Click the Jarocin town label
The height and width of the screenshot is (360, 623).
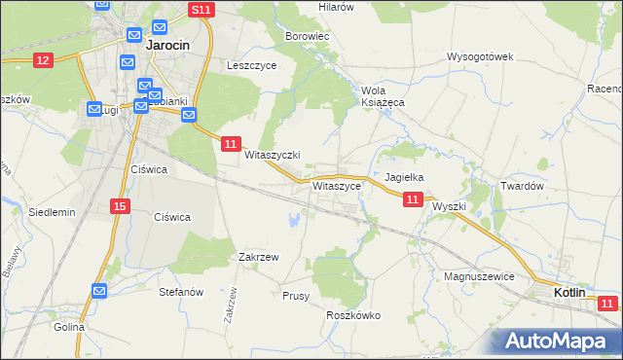pos(166,45)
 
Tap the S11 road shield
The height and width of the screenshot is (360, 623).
pos(201,10)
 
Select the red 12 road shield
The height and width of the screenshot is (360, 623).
pos(42,60)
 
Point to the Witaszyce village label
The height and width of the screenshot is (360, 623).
pos(337,185)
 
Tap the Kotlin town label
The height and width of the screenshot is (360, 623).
pos(569,292)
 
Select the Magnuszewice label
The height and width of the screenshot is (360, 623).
pos(478,276)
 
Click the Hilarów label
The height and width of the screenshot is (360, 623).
pos(336,6)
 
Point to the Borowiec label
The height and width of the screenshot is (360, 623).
pos(308,36)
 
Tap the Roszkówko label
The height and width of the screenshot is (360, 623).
pos(352,315)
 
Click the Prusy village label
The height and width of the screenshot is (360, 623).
pos(295,295)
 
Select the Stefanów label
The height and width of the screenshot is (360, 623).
pos(180,291)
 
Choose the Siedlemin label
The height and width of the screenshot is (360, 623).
pos(52,211)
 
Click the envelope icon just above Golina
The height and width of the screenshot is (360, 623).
pos(100,290)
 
